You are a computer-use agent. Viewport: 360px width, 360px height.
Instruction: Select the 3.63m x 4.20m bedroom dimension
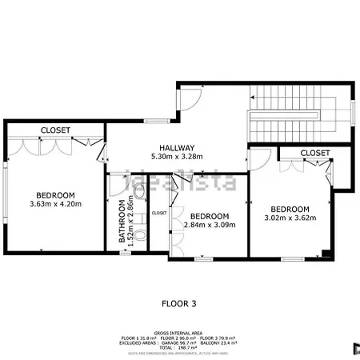[54, 204]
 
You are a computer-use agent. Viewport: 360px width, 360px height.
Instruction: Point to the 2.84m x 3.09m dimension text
[210, 226]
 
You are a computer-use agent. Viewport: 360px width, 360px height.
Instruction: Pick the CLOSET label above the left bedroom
[54, 130]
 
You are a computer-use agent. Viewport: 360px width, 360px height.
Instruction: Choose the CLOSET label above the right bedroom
[314, 152]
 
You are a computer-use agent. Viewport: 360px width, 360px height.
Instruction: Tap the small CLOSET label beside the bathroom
[158, 213]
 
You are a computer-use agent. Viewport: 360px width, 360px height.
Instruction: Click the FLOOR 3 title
[179, 303]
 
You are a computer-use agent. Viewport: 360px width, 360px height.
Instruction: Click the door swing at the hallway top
[187, 98]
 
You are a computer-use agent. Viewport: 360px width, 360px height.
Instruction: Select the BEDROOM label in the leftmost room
[54, 195]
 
